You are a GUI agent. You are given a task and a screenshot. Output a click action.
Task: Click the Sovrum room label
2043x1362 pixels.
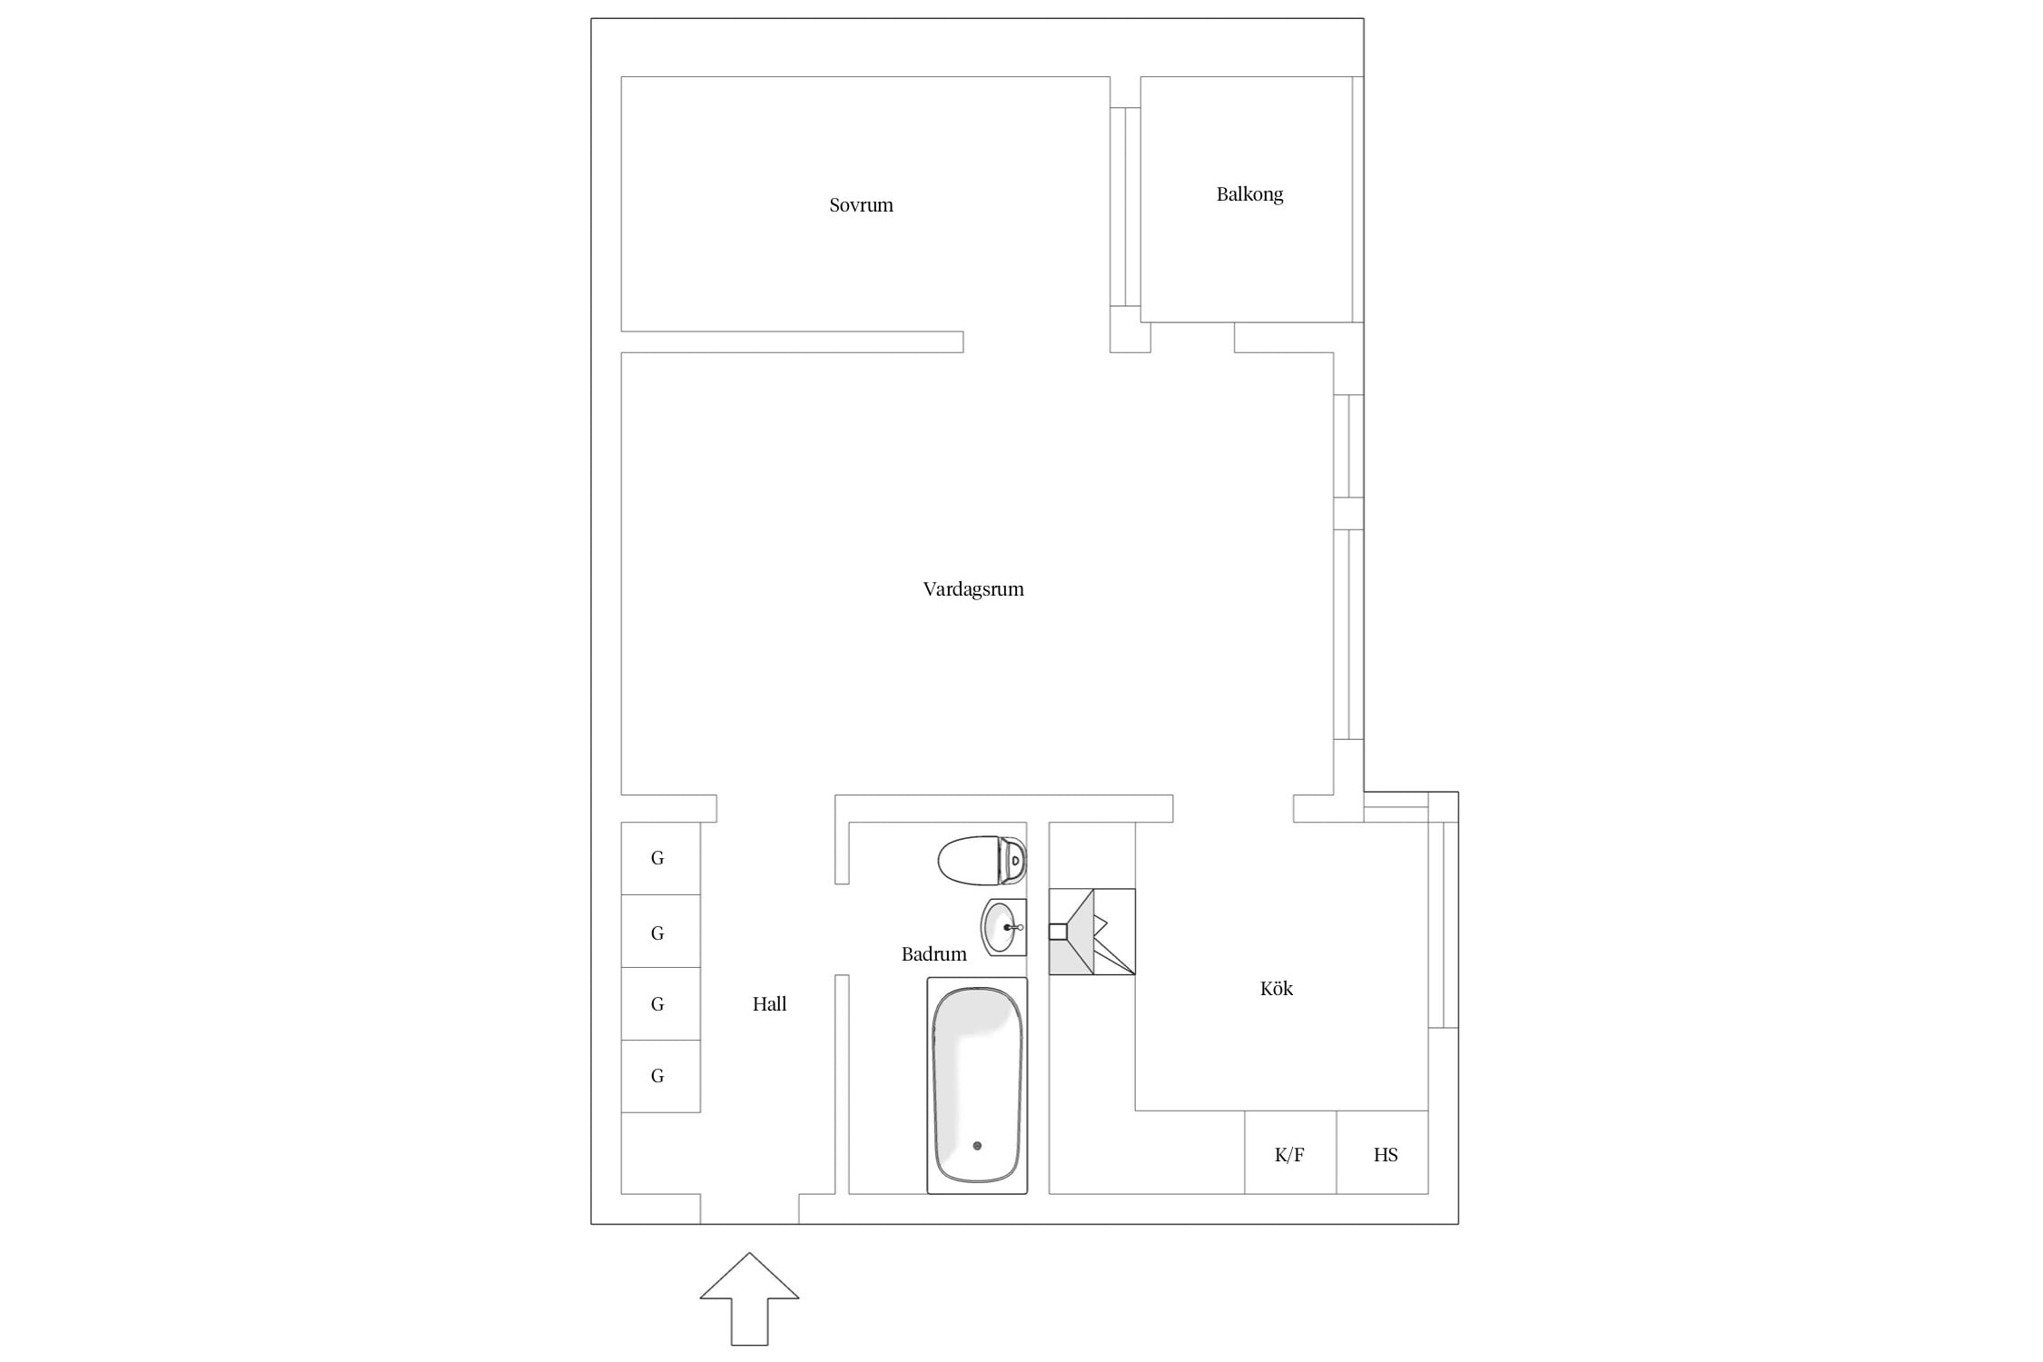861,205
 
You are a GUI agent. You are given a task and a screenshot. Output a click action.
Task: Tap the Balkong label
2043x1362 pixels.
1249,194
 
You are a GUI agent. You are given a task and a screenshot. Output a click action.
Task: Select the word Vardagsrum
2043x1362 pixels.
973,589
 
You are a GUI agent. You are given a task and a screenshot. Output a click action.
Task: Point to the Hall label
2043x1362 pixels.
769,1004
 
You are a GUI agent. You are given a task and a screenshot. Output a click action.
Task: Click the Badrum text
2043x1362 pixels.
933,954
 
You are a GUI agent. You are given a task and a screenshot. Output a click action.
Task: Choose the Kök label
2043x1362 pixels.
1276,989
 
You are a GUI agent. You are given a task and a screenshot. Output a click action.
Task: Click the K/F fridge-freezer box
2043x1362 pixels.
1290,1152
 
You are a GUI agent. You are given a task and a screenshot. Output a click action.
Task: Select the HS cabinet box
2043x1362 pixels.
1383,1152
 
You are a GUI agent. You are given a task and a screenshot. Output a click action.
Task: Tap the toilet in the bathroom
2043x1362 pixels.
982,860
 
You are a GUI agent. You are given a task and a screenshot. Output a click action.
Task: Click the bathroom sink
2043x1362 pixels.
1003,927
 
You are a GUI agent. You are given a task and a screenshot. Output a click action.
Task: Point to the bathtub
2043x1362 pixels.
977,1085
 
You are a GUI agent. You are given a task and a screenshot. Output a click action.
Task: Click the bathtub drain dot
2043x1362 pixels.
977,1146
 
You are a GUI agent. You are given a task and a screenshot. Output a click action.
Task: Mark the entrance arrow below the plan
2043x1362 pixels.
749,1300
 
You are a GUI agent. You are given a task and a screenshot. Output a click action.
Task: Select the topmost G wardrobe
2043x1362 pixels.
660,858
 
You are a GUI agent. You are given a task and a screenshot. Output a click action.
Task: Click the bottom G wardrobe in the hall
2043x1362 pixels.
660,1076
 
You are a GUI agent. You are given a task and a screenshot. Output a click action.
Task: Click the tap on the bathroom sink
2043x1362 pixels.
1013,928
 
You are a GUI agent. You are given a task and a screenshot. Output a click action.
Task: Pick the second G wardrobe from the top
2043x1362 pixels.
660,932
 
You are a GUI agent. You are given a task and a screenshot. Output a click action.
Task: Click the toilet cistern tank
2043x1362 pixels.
1012,860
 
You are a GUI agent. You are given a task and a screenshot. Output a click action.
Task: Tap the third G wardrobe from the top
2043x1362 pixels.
660,1004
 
